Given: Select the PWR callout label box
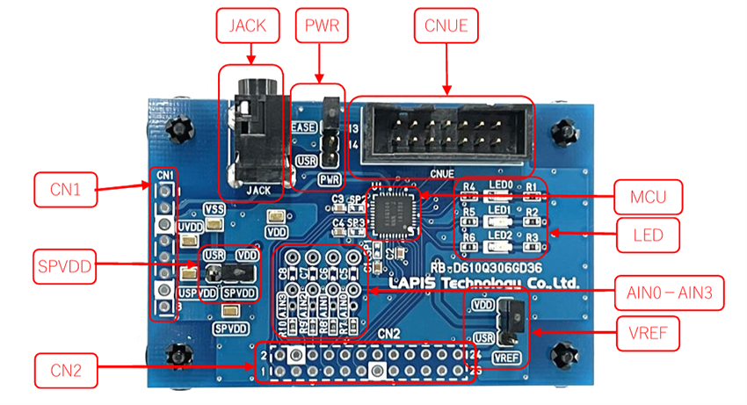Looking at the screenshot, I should click(x=321, y=25).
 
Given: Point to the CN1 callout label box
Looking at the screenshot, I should click(x=63, y=190).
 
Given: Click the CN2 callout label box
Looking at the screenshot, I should click(x=63, y=370).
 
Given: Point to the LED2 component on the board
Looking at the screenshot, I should click(x=498, y=243).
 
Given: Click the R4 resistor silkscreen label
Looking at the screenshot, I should click(x=469, y=187).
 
